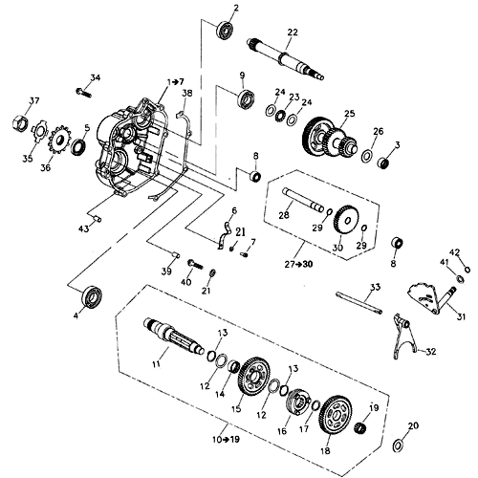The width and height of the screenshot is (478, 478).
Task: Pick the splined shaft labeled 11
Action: pyautogui.click(x=177, y=336)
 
